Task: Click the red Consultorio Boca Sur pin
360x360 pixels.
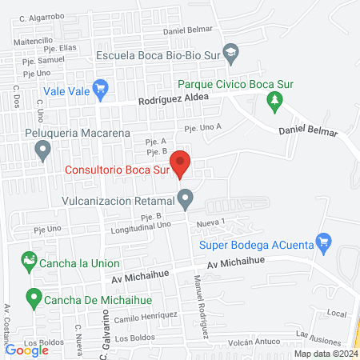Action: pos(182,163)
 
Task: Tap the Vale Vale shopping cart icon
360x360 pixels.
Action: pos(101,89)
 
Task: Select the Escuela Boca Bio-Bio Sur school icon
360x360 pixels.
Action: pos(231,54)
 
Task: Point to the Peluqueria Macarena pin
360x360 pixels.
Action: pos(42,149)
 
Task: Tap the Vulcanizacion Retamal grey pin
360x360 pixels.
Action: pos(186,197)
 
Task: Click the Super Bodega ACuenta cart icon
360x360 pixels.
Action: pos(323,241)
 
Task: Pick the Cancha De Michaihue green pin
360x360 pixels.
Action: pos(34,298)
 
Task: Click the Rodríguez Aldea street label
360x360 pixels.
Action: pos(173,99)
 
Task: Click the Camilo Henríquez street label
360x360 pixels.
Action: pos(145,318)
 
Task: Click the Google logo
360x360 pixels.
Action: pos(26,349)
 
